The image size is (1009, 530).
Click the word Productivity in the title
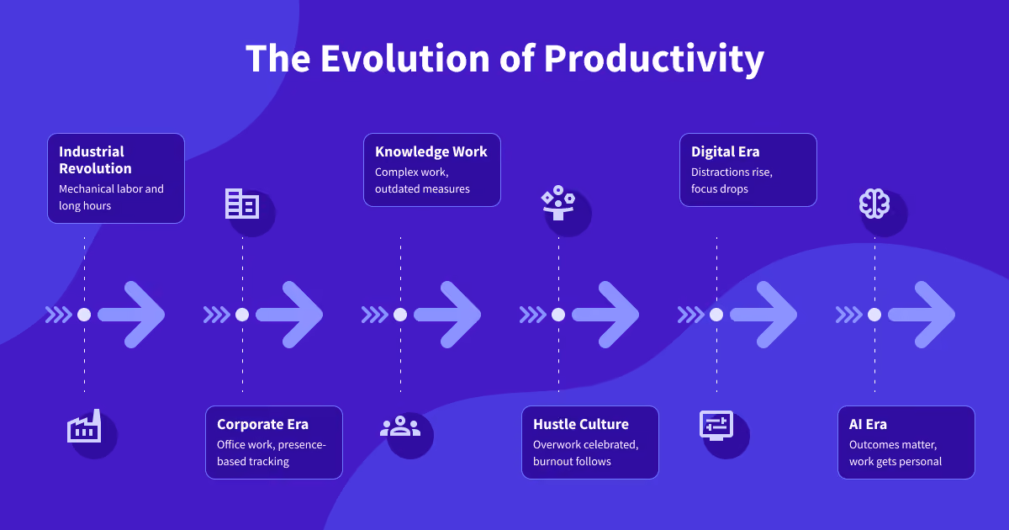point(654,60)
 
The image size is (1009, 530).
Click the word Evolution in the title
point(405,58)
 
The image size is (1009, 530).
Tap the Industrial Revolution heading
point(96,160)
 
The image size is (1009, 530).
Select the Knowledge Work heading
point(431,152)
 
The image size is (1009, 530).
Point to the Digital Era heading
point(725,152)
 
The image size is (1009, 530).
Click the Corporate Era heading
point(262,424)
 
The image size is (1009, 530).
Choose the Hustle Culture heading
point(581,424)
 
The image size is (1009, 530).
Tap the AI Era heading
point(868,424)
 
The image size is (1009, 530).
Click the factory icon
point(84,427)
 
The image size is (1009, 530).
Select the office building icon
point(242,204)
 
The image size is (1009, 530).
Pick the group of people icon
point(400,426)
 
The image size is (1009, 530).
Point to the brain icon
point(874,204)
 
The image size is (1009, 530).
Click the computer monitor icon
point(716,426)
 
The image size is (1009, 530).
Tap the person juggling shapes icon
point(558,203)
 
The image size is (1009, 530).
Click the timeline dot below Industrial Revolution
point(84,315)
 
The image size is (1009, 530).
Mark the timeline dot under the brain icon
point(874,315)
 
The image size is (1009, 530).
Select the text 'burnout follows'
point(572,462)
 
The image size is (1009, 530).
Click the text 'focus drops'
point(720,188)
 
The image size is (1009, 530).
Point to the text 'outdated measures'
point(422,188)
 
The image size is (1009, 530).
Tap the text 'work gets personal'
point(895,462)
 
